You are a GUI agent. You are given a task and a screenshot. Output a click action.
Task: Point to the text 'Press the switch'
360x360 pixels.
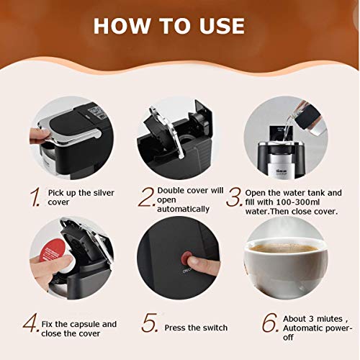[193, 328]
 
